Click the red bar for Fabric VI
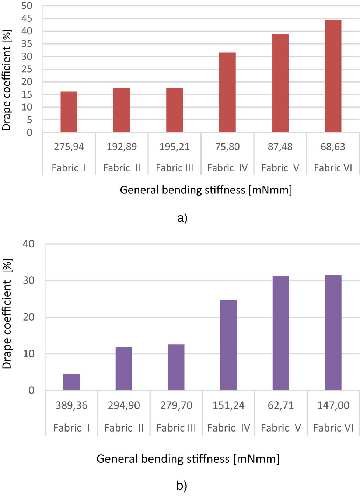(x=333, y=76)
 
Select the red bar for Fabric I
(x=69, y=112)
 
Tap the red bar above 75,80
(x=227, y=92)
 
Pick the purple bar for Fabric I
(x=71, y=382)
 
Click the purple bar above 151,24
(x=228, y=345)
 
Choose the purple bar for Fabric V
(x=281, y=333)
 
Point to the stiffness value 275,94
(x=69, y=147)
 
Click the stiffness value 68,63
(x=333, y=147)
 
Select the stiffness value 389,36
(x=71, y=405)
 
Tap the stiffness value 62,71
(x=281, y=405)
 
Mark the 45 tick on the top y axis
(x=27, y=18)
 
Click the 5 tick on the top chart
(x=29, y=120)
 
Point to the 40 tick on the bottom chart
(x=28, y=244)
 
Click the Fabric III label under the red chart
(x=174, y=168)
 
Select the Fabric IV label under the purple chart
(x=228, y=428)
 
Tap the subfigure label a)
(x=182, y=218)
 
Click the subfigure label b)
(x=182, y=485)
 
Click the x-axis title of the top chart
(x=206, y=190)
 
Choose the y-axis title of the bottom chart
(x=7, y=314)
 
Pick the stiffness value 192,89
(x=122, y=147)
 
